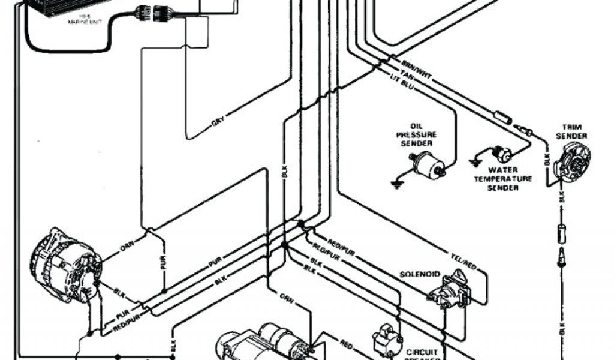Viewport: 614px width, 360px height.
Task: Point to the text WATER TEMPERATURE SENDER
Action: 502,179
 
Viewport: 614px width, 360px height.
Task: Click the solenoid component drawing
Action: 450,289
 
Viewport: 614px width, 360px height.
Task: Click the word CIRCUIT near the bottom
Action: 424,352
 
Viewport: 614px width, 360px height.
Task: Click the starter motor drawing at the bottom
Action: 264,343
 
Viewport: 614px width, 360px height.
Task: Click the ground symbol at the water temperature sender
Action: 475,162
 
